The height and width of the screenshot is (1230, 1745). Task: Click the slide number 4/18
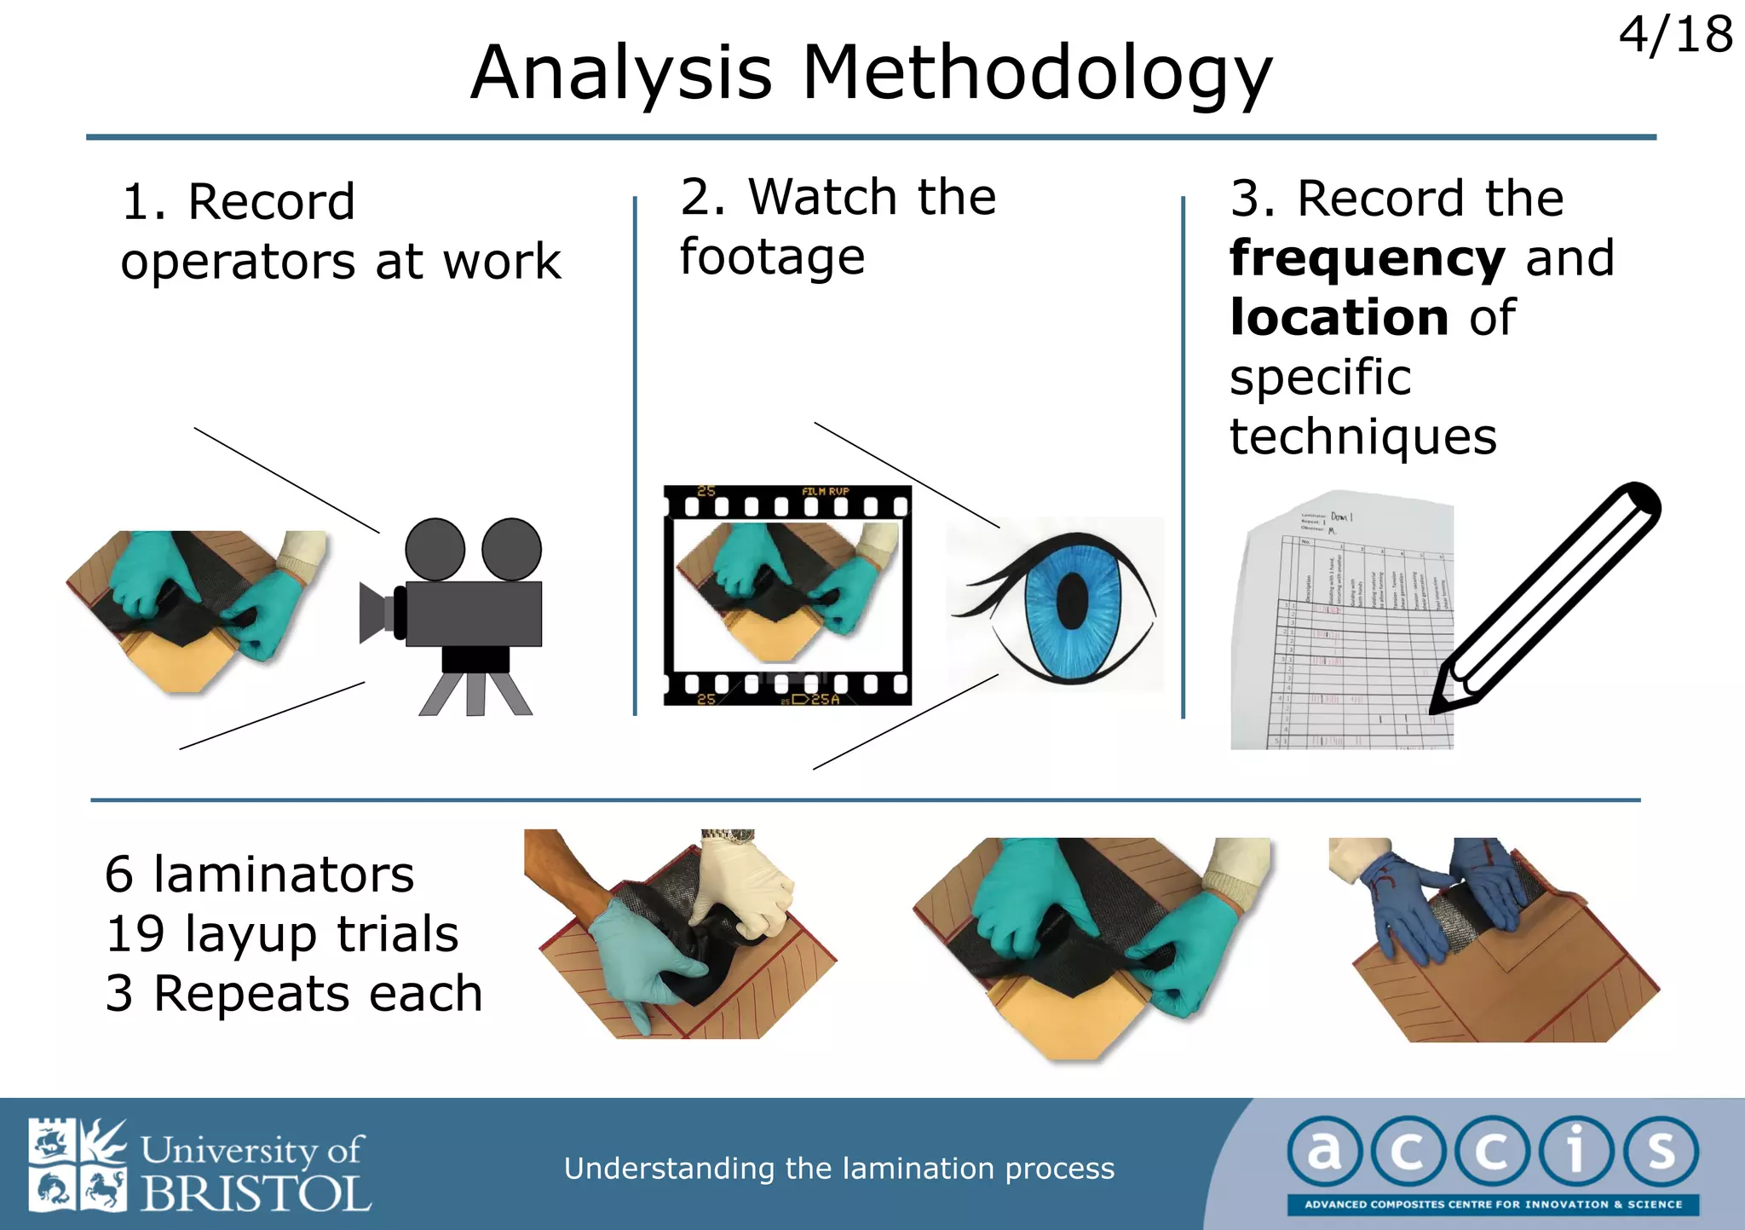click(1675, 36)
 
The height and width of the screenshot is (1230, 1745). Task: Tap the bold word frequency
click(1367, 259)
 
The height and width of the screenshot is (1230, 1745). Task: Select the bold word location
click(1339, 318)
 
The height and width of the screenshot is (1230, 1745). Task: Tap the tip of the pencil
click(1436, 707)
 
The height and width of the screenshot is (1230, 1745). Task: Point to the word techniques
click(1362, 437)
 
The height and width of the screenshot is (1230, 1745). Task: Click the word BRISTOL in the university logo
click(256, 1193)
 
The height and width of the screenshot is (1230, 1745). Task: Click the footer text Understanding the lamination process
click(838, 1168)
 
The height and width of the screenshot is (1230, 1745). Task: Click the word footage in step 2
click(772, 257)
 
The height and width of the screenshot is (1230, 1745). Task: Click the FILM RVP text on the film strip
click(825, 492)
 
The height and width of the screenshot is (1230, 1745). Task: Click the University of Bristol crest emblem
click(77, 1164)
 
